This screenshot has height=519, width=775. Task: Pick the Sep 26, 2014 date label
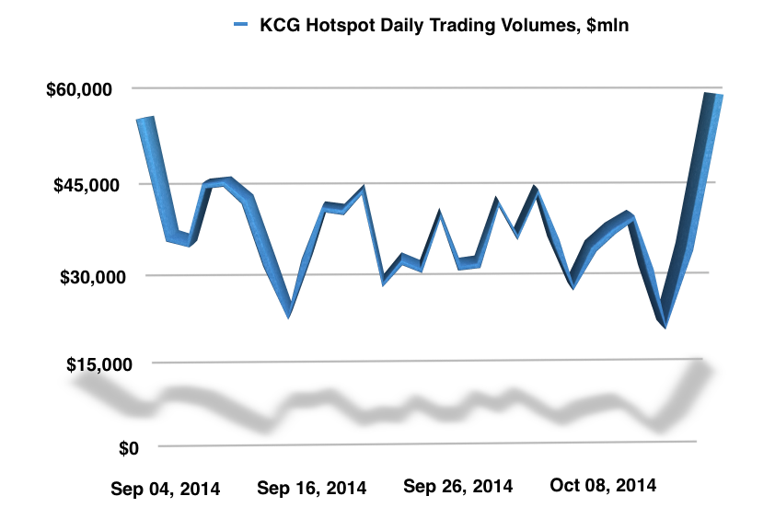click(458, 485)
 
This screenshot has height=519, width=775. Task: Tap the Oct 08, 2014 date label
click(602, 485)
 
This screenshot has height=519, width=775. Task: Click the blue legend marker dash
click(242, 26)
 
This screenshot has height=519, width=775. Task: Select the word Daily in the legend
click(391, 27)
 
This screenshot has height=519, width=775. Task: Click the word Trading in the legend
click(454, 27)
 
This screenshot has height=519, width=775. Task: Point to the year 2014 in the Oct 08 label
click(638, 485)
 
